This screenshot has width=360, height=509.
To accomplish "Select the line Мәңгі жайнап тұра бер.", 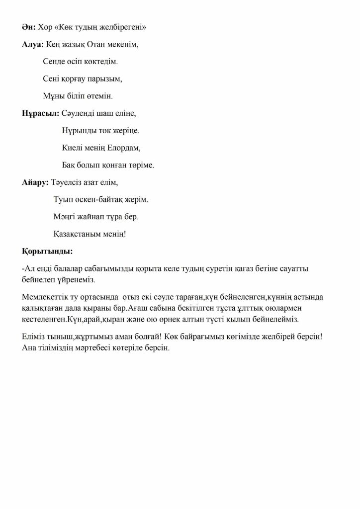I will coord(95,216).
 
